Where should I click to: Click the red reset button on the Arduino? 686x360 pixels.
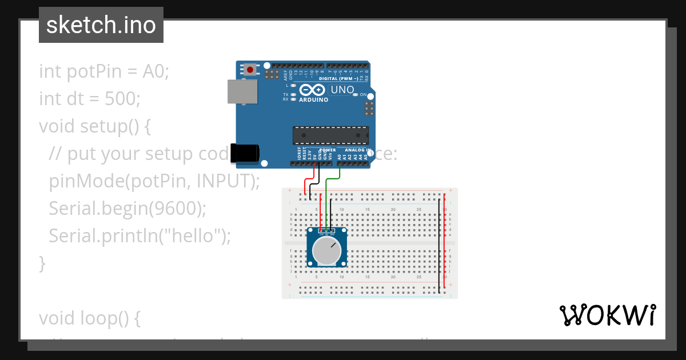pyautogui.click(x=250, y=70)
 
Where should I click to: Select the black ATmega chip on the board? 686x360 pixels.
pyautogui.click(x=330, y=135)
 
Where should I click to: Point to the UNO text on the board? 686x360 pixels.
pyautogui.click(x=343, y=90)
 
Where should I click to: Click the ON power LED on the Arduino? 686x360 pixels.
pyautogui.click(x=356, y=94)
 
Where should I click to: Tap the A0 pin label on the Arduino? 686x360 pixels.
pyautogui.click(x=340, y=156)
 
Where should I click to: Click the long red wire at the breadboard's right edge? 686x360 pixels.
pyautogui.click(x=445, y=240)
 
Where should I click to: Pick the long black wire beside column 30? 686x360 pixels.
pyautogui.click(x=439, y=246)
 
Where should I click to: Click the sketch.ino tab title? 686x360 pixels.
pyautogui.click(x=101, y=25)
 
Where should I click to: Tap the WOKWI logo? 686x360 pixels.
pyautogui.click(x=607, y=315)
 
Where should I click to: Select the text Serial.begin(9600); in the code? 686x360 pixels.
pyautogui.click(x=127, y=209)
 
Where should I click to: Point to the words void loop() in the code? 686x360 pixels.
pyautogui.click(x=89, y=318)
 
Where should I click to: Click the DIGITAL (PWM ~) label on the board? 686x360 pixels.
pyautogui.click(x=338, y=78)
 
